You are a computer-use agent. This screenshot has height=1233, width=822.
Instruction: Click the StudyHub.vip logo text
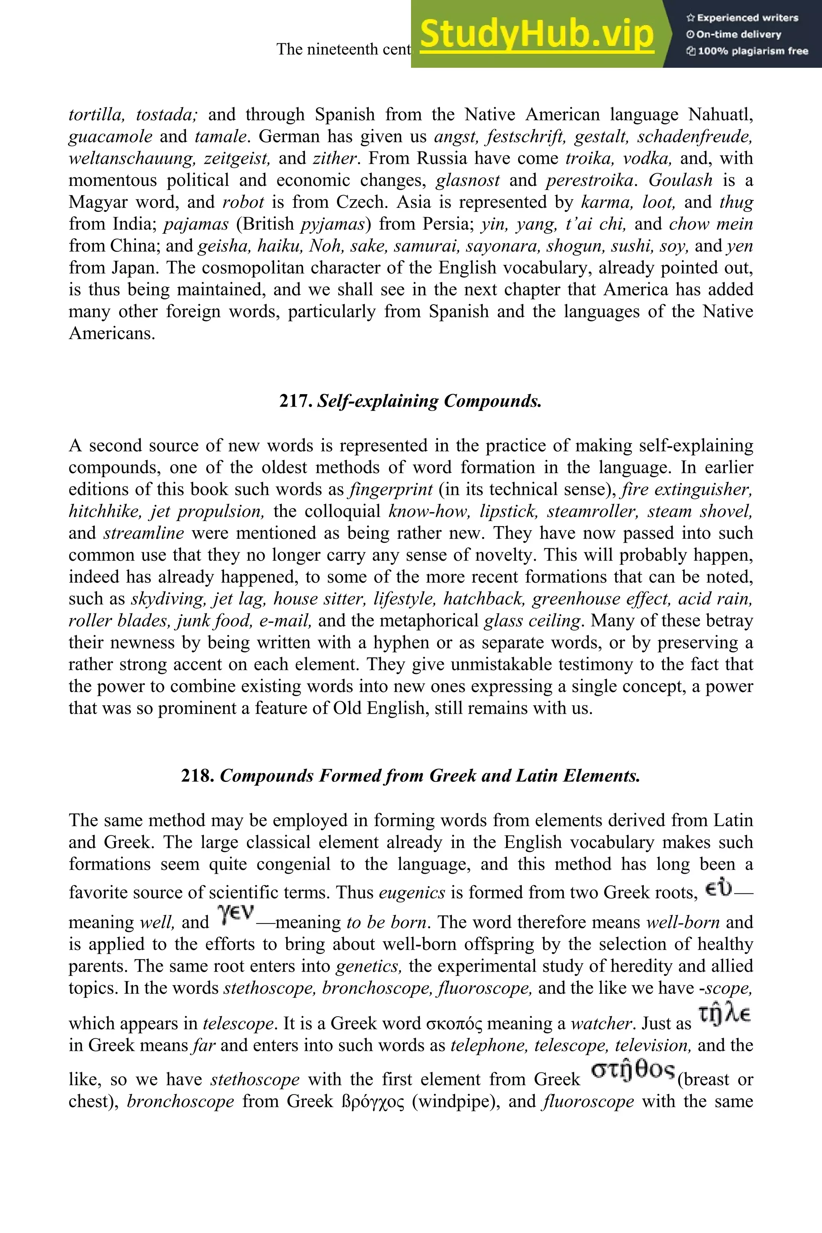(x=537, y=34)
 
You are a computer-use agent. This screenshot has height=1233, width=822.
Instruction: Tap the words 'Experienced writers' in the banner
(x=747, y=18)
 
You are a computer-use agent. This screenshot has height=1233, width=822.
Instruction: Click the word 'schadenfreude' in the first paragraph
(x=695, y=136)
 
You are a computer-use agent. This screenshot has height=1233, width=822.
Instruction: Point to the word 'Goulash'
(x=680, y=180)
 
